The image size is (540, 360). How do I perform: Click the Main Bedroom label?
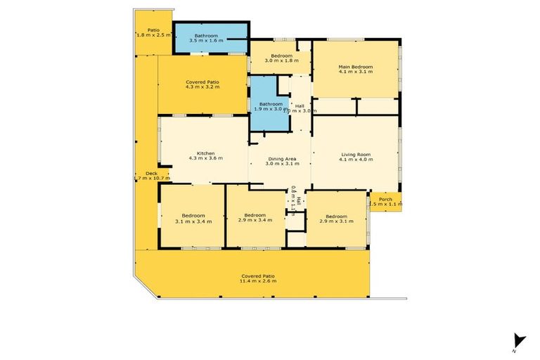pos(355,66)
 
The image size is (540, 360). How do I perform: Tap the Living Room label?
pos(356,154)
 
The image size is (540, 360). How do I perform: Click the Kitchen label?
pos(205,153)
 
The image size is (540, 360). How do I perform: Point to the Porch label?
pos(385,199)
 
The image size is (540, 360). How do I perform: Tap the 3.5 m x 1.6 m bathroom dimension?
pos(209,41)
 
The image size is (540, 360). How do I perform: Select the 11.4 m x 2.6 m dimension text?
pos(258,281)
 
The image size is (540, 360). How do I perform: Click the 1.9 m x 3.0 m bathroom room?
pos(270,106)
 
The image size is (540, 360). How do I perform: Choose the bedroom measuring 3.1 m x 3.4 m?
pos(193,218)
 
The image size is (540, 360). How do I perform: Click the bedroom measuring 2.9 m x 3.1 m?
pos(336,219)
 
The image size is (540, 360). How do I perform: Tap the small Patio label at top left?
pos(153,30)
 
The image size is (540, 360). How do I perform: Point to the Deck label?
pos(151,173)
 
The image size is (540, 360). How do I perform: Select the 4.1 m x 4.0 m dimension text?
pos(356,160)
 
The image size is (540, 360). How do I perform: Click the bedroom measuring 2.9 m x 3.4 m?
pos(255,218)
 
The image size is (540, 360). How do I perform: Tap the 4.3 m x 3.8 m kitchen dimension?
pos(205,158)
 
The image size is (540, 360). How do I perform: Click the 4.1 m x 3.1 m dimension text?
pos(355,71)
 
